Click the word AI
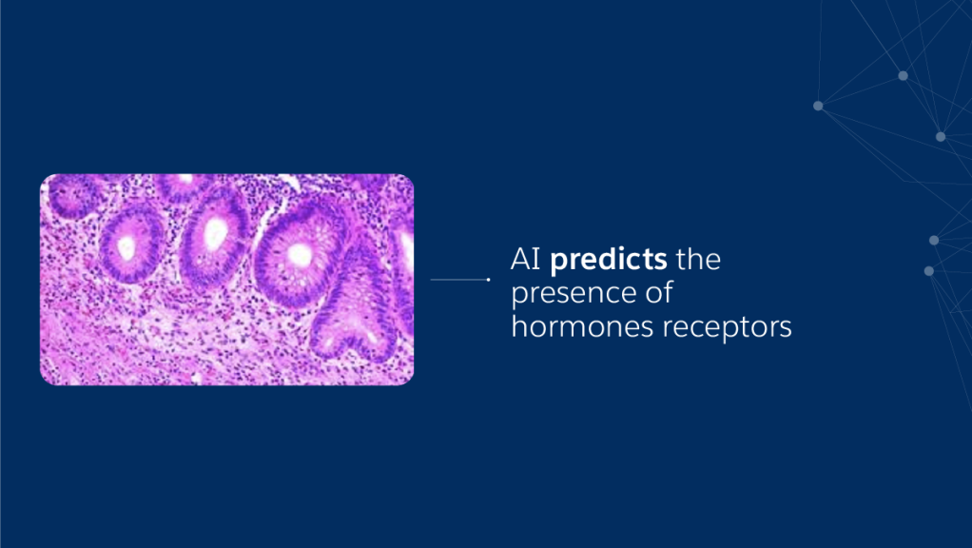pyautogui.click(x=526, y=259)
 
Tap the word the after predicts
pyautogui.click(x=698, y=259)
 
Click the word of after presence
pyautogui.click(x=659, y=292)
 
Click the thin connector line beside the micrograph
pyautogui.click(x=459, y=280)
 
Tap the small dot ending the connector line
pyautogui.click(x=489, y=280)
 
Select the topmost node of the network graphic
pyautogui.click(x=904, y=75)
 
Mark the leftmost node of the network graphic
pyautogui.click(x=818, y=106)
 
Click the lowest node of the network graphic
pyautogui.click(x=928, y=271)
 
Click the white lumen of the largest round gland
pyautogui.click(x=300, y=255)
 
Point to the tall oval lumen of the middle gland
pyautogui.click(x=216, y=234)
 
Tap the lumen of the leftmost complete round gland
pyautogui.click(x=127, y=248)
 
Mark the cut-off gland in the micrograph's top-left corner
pyautogui.click(x=72, y=196)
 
